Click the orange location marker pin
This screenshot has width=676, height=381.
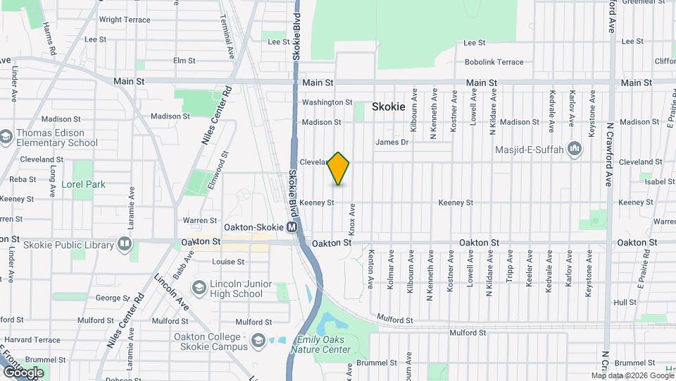(x=339, y=168)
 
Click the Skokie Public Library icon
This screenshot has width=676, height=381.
(x=125, y=245)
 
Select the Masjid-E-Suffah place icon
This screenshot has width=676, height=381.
(x=575, y=149)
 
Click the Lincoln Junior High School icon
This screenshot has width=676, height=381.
(x=199, y=288)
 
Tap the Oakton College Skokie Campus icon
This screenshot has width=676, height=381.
(x=259, y=341)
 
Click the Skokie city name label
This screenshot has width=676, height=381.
(x=389, y=107)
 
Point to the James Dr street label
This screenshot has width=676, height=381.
(x=392, y=142)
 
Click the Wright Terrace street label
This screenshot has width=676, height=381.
(x=125, y=20)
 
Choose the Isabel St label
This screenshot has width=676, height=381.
(x=660, y=181)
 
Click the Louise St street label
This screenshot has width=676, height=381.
(x=228, y=261)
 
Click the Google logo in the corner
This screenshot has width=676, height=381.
(x=23, y=372)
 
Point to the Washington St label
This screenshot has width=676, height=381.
(x=327, y=102)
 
